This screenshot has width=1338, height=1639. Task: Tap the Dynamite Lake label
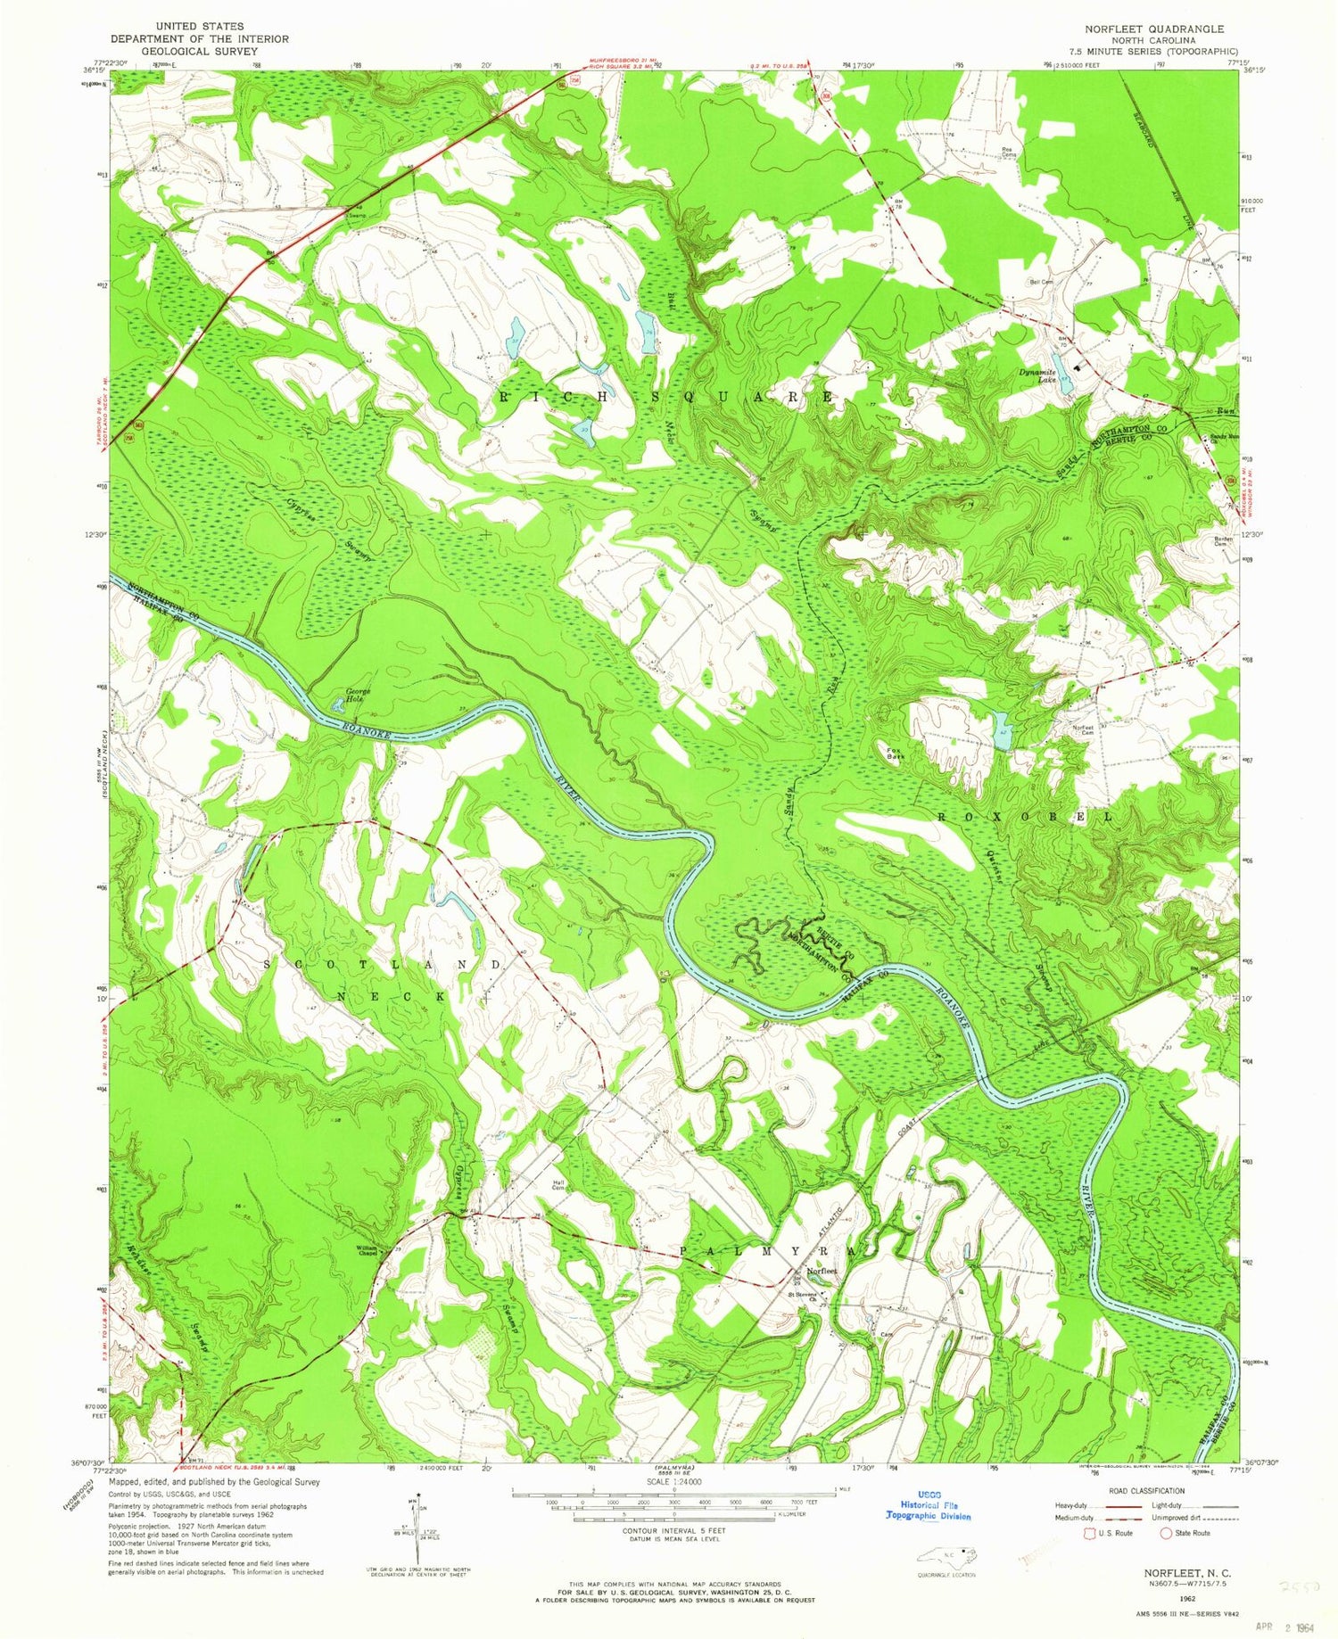pyautogui.click(x=1040, y=376)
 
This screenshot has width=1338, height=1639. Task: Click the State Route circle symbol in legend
pyautogui.click(x=1165, y=1534)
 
